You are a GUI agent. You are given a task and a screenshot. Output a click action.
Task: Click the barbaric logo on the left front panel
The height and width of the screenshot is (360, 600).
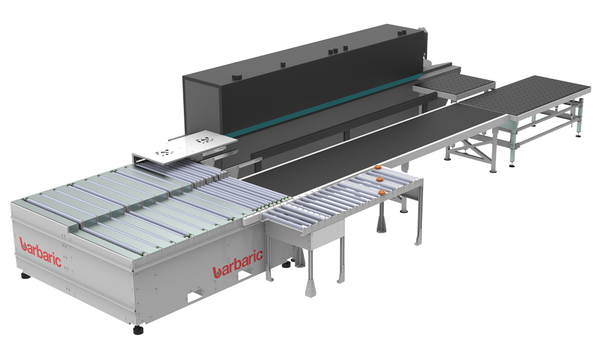tap(40, 252)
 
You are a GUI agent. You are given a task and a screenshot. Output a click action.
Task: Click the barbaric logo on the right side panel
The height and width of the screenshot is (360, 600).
tap(237, 264)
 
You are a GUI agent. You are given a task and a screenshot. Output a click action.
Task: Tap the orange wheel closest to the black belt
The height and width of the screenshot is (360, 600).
tap(378, 167)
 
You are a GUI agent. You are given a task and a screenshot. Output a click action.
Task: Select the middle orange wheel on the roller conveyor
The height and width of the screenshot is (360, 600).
tap(379, 179)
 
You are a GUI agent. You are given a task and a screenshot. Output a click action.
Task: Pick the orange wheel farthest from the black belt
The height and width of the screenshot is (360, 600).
tap(381, 192)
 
